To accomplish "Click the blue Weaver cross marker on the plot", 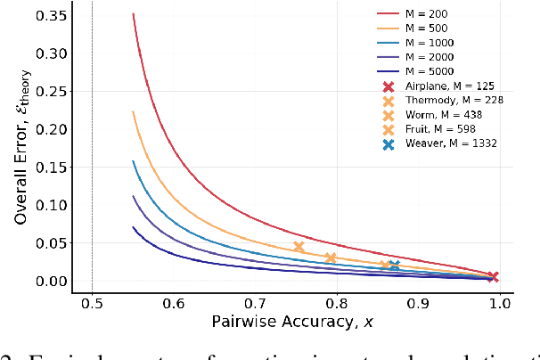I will coord(394,265).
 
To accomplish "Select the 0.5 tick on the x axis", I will coord(93,303).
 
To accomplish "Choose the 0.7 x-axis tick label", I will coord(256,303).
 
